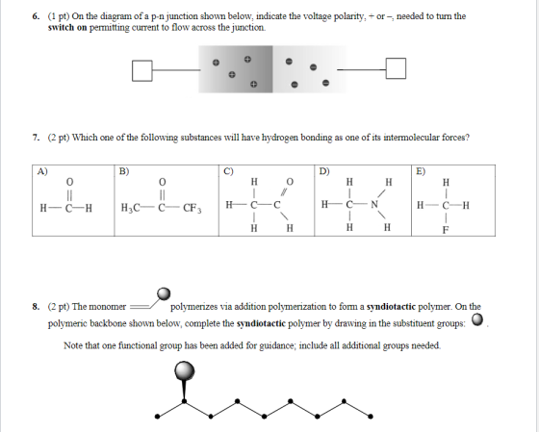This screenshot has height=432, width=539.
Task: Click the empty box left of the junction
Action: click(x=142, y=71)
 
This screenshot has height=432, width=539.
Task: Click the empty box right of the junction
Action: click(x=396, y=68)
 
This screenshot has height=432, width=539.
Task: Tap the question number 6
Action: click(x=37, y=16)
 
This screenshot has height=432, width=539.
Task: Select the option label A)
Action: click(x=42, y=171)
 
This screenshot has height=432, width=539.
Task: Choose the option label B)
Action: click(x=124, y=171)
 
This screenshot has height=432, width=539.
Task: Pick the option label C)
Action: click(x=228, y=171)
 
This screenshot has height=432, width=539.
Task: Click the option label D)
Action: click(x=324, y=171)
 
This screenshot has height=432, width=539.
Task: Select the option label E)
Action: click(x=422, y=171)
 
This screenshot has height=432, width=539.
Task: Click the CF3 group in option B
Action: click(x=192, y=208)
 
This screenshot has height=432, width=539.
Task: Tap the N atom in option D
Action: click(x=374, y=205)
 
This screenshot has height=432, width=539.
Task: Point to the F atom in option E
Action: click(x=446, y=230)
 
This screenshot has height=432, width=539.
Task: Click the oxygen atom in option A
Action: click(x=69, y=182)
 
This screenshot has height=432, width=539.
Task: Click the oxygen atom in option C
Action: click(x=290, y=182)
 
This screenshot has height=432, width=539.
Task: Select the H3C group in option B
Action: click(x=130, y=208)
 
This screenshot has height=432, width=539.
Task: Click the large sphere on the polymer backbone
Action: click(x=185, y=370)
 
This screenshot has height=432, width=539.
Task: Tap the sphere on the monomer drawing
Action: click(x=164, y=294)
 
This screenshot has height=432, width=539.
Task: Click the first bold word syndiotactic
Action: click(x=391, y=307)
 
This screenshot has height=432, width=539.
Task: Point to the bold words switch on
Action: click(x=67, y=28)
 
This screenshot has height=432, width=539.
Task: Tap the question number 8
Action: click(x=37, y=307)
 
